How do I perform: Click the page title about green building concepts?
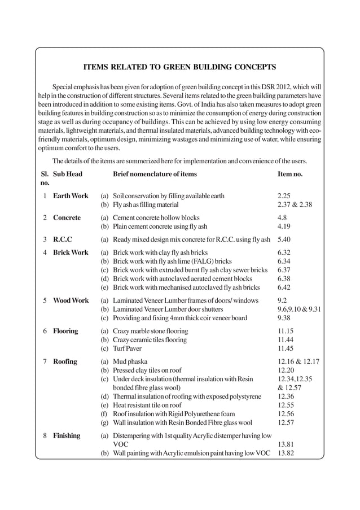click(179, 68)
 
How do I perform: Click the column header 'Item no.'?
click(290, 175)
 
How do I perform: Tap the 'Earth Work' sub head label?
click(71, 196)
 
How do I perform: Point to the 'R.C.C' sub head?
click(63, 239)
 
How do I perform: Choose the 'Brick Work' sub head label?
click(71, 252)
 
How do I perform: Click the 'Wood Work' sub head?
click(71, 300)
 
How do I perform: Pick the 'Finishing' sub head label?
click(67, 435)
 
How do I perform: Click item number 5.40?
click(286, 239)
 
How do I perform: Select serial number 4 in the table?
click(44, 252)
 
